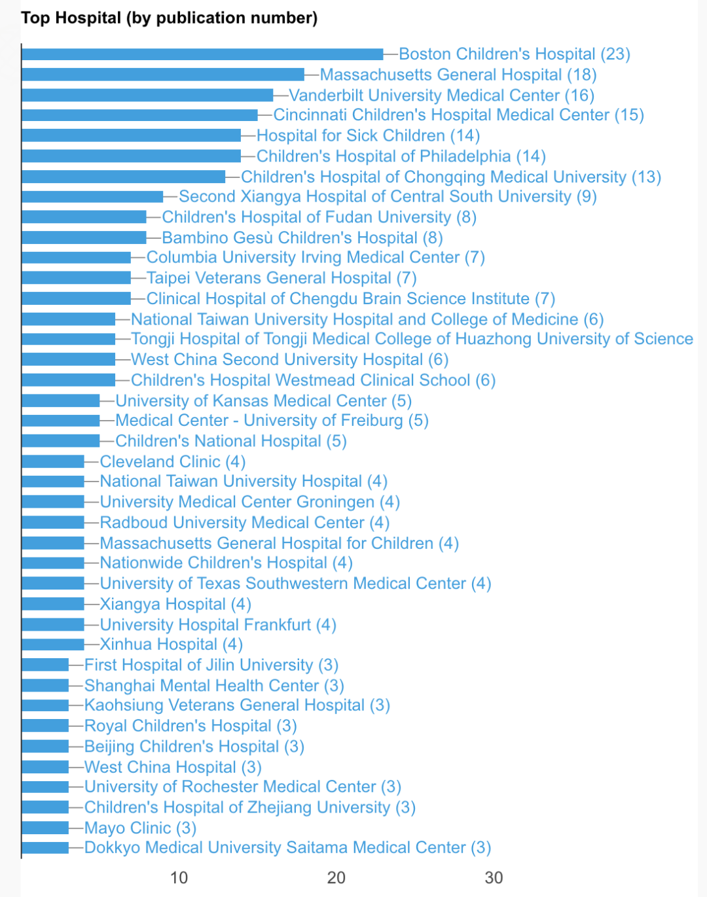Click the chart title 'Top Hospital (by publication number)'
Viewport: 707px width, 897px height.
point(169,18)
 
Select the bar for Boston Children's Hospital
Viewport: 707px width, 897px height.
point(202,54)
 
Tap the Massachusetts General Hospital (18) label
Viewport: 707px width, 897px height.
point(458,75)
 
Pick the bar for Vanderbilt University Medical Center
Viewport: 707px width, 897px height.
point(147,96)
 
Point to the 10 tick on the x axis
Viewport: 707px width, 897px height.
point(179,878)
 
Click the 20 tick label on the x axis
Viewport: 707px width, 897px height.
point(336,878)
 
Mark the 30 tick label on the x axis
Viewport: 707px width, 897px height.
point(494,878)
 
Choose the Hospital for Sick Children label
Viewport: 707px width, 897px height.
point(368,136)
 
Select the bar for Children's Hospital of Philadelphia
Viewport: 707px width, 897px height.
point(131,156)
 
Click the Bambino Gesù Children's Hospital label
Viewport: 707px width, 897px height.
point(302,238)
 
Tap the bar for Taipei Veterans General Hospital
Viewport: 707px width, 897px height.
point(76,278)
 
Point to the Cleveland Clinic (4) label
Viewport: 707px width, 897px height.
point(173,462)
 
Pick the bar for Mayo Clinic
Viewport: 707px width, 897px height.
point(45,828)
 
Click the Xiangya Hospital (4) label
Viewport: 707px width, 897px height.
point(175,605)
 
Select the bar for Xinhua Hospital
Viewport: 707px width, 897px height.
point(52,644)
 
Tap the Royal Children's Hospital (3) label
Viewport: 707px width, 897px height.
point(190,726)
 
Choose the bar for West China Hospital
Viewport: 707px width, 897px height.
point(45,767)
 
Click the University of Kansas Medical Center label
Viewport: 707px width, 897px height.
point(264,401)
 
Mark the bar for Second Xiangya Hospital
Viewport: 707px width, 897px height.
point(92,197)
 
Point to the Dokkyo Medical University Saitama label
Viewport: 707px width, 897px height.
point(287,848)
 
